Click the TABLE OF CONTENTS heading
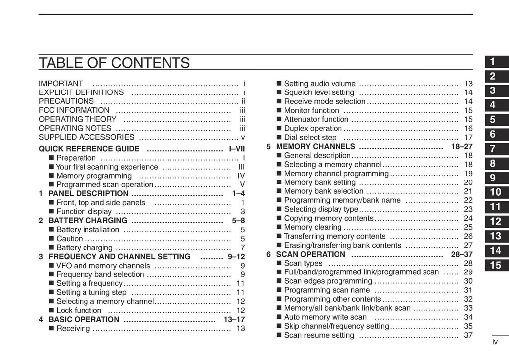[114, 63]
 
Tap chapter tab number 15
[495, 265]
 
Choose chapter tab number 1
[492, 62]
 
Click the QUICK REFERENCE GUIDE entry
[89, 149]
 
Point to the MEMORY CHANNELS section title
[316, 146]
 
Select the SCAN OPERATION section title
[311, 254]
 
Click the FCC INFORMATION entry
[74, 110]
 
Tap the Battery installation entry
[88, 230]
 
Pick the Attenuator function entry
[316, 119]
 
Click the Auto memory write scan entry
[325, 317]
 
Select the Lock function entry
[79, 310]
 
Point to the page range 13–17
[234, 319]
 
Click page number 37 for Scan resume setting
[468, 335]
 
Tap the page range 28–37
[462, 254]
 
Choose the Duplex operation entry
[313, 128]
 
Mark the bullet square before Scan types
[279, 264]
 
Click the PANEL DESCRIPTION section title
[88, 193]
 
